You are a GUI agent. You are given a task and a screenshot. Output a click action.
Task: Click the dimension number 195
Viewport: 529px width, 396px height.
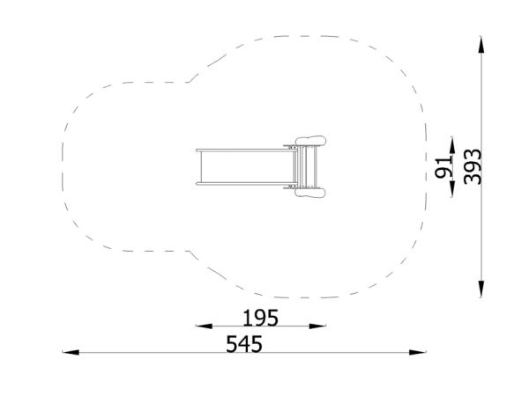click(260, 318)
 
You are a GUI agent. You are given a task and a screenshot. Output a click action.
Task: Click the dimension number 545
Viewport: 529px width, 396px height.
click(244, 344)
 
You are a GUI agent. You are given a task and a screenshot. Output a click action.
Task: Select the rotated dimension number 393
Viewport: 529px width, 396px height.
click(473, 166)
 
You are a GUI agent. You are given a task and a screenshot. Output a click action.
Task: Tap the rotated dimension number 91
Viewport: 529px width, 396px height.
click(443, 167)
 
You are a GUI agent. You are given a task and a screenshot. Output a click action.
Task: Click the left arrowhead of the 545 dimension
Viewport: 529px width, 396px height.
click(71, 352)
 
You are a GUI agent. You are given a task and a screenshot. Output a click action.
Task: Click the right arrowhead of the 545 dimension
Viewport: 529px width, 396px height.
click(418, 352)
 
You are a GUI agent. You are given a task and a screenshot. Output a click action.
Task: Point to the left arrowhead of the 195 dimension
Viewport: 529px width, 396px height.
click(204, 326)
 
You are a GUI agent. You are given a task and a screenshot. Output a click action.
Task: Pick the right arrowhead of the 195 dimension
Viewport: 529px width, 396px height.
click(317, 326)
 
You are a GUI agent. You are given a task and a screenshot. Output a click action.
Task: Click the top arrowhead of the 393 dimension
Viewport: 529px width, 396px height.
click(481, 44)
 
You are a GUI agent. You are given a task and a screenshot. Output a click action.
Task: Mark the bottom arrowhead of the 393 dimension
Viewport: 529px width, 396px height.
click(481, 290)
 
